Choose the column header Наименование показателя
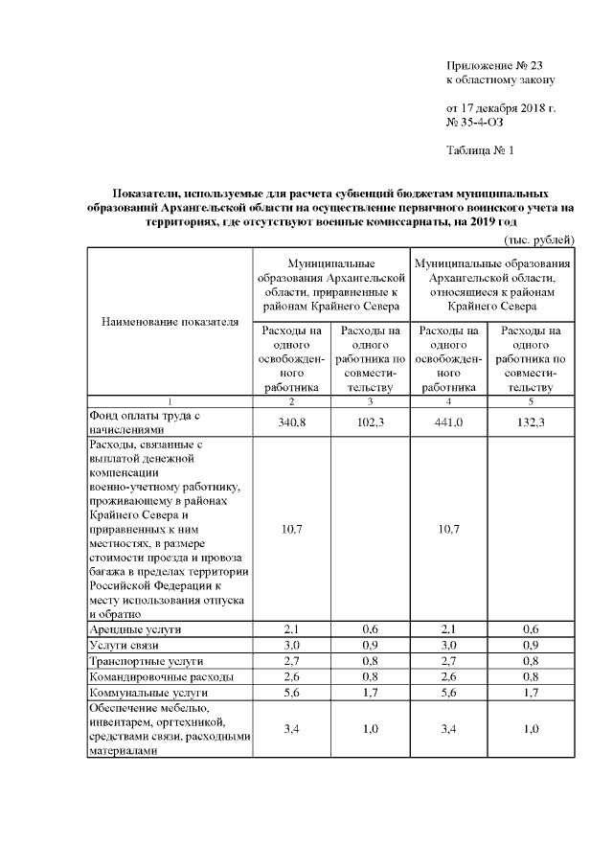pyautogui.click(x=170, y=321)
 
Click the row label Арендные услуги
pyautogui.click(x=135, y=628)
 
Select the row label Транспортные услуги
pyautogui.click(x=146, y=661)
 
